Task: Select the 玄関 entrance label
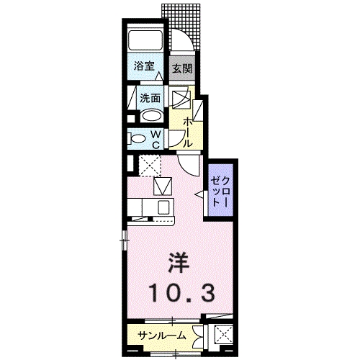tap(181, 69)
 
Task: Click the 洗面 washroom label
tap(150, 99)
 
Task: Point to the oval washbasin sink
tap(151, 116)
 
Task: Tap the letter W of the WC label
tap(156, 133)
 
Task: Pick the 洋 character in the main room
tap(180, 261)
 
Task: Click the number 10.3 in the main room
tap(181, 292)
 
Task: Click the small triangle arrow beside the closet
tap(198, 195)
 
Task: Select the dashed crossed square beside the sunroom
tap(225, 335)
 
